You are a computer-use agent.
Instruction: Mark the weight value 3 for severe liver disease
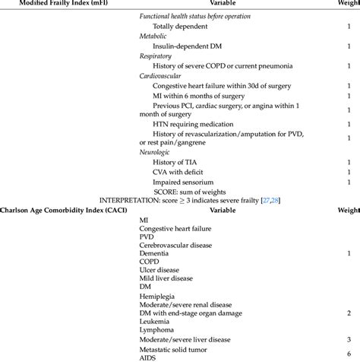pyautogui.click(x=348, y=339)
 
